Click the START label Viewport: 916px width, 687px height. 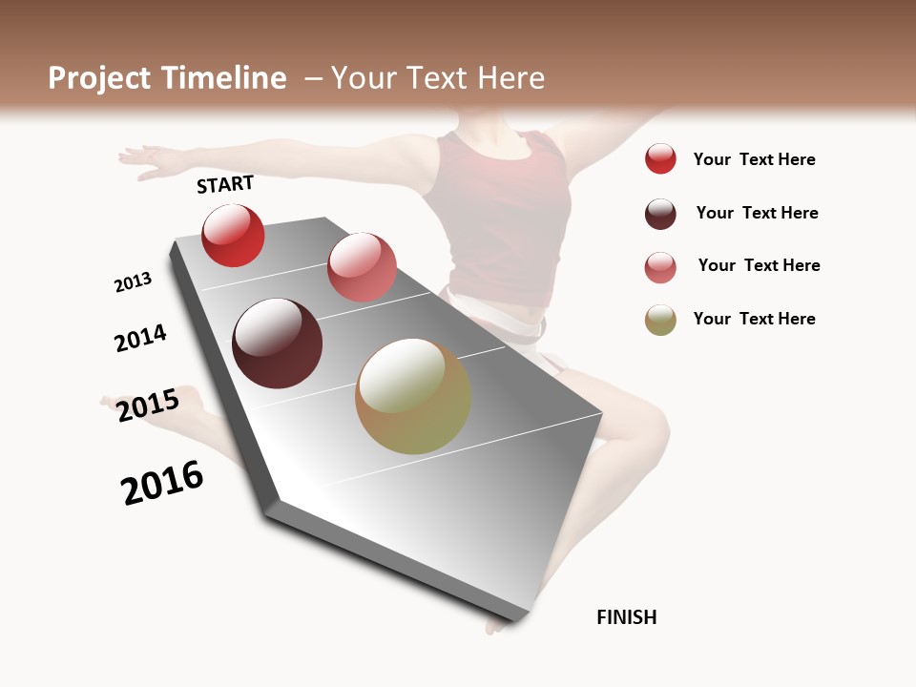[x=225, y=184]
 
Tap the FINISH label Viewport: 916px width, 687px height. [x=627, y=617]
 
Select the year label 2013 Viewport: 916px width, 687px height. [x=133, y=282]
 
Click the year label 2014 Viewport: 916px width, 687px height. [x=140, y=338]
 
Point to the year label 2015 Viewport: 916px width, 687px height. [x=148, y=406]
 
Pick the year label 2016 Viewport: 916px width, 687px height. [x=162, y=482]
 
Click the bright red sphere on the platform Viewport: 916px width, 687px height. [x=233, y=236]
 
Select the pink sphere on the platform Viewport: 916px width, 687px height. [x=362, y=267]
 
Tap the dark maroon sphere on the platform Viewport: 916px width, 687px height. [x=277, y=343]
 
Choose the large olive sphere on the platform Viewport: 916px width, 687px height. [x=413, y=396]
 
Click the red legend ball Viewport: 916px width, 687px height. [x=660, y=158]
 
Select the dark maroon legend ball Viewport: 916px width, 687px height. [x=660, y=214]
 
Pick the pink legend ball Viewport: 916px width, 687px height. [x=660, y=267]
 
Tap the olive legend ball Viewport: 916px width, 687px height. [x=660, y=320]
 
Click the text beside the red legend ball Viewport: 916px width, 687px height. [x=754, y=159]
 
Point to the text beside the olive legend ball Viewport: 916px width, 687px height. [x=754, y=319]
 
